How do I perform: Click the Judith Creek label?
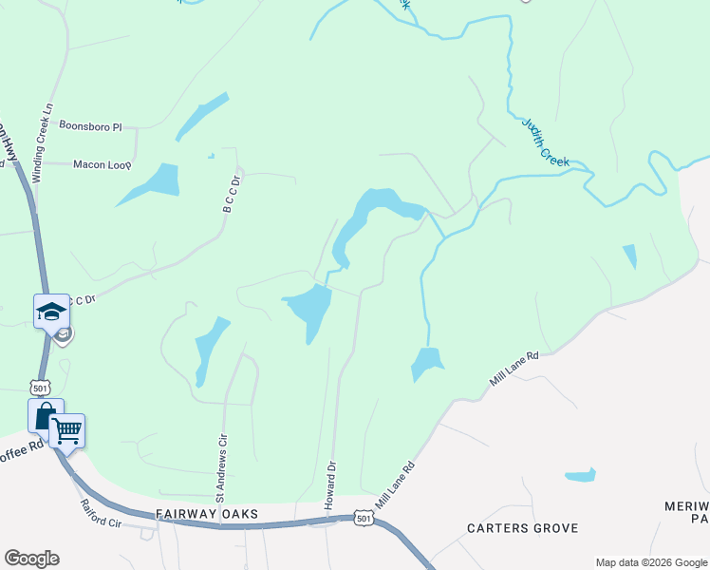coord(546,142)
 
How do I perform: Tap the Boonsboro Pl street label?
coord(91,125)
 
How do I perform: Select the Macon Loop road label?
coord(101,163)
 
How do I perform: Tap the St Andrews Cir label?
coord(222,468)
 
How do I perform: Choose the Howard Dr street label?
coord(331,485)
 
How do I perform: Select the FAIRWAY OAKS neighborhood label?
coord(206,514)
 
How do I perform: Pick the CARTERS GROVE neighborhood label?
coord(523,527)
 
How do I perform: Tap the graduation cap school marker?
coord(51,311)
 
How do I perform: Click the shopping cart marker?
coord(66,430)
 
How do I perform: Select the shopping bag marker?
coord(45,415)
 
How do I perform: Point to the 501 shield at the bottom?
coord(363,517)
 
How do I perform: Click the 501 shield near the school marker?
coord(40,388)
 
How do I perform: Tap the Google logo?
coord(31,559)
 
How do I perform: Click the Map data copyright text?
coord(651,562)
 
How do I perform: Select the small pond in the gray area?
coord(580,474)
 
